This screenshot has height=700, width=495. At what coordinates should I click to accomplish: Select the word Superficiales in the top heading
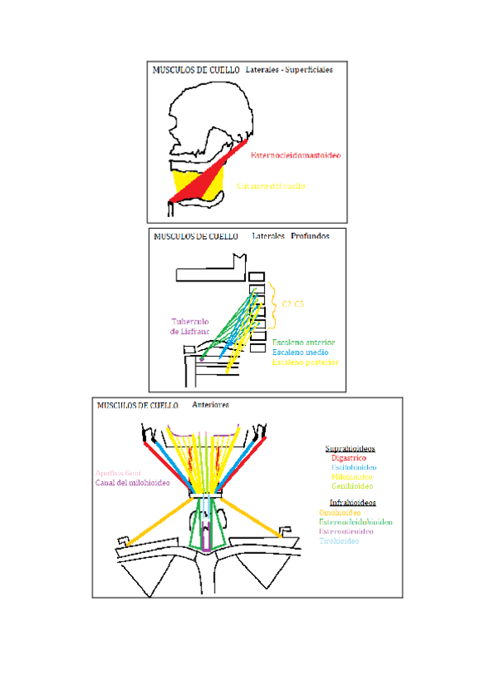tap(308, 71)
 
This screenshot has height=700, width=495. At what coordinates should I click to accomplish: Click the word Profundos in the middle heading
tap(309, 235)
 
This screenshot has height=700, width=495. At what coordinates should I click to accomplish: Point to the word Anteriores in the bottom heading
tap(210, 405)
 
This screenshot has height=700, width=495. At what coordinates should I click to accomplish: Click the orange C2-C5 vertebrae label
tap(293, 305)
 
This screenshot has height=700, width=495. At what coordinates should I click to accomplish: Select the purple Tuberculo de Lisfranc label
tap(192, 326)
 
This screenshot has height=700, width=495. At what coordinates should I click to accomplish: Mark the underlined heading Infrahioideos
tap(353, 502)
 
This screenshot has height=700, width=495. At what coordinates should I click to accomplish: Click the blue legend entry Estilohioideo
tap(354, 467)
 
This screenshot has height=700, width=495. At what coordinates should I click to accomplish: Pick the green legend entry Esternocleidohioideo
tap(356, 522)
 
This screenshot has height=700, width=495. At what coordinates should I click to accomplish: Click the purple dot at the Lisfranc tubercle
tap(200, 360)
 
